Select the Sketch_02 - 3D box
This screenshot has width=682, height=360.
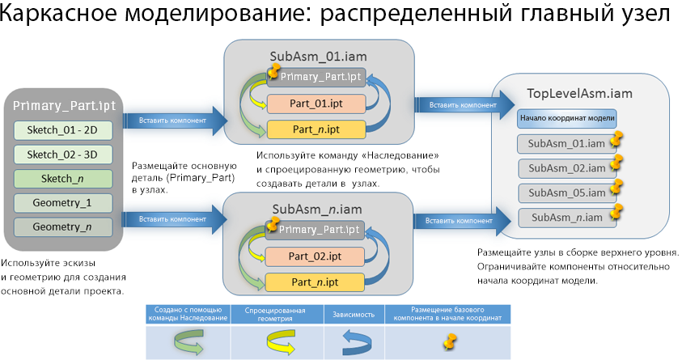click(x=61, y=155)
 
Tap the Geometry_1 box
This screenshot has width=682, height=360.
click(x=61, y=203)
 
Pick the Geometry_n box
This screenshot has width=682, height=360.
click(x=61, y=227)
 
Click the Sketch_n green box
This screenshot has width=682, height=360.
click(x=61, y=179)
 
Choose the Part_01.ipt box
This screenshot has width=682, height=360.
click(x=316, y=104)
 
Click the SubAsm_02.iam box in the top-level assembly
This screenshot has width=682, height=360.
click(x=566, y=168)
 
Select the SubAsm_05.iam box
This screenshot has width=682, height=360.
click(x=566, y=193)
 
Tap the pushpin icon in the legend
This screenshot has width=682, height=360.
click(x=445, y=342)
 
